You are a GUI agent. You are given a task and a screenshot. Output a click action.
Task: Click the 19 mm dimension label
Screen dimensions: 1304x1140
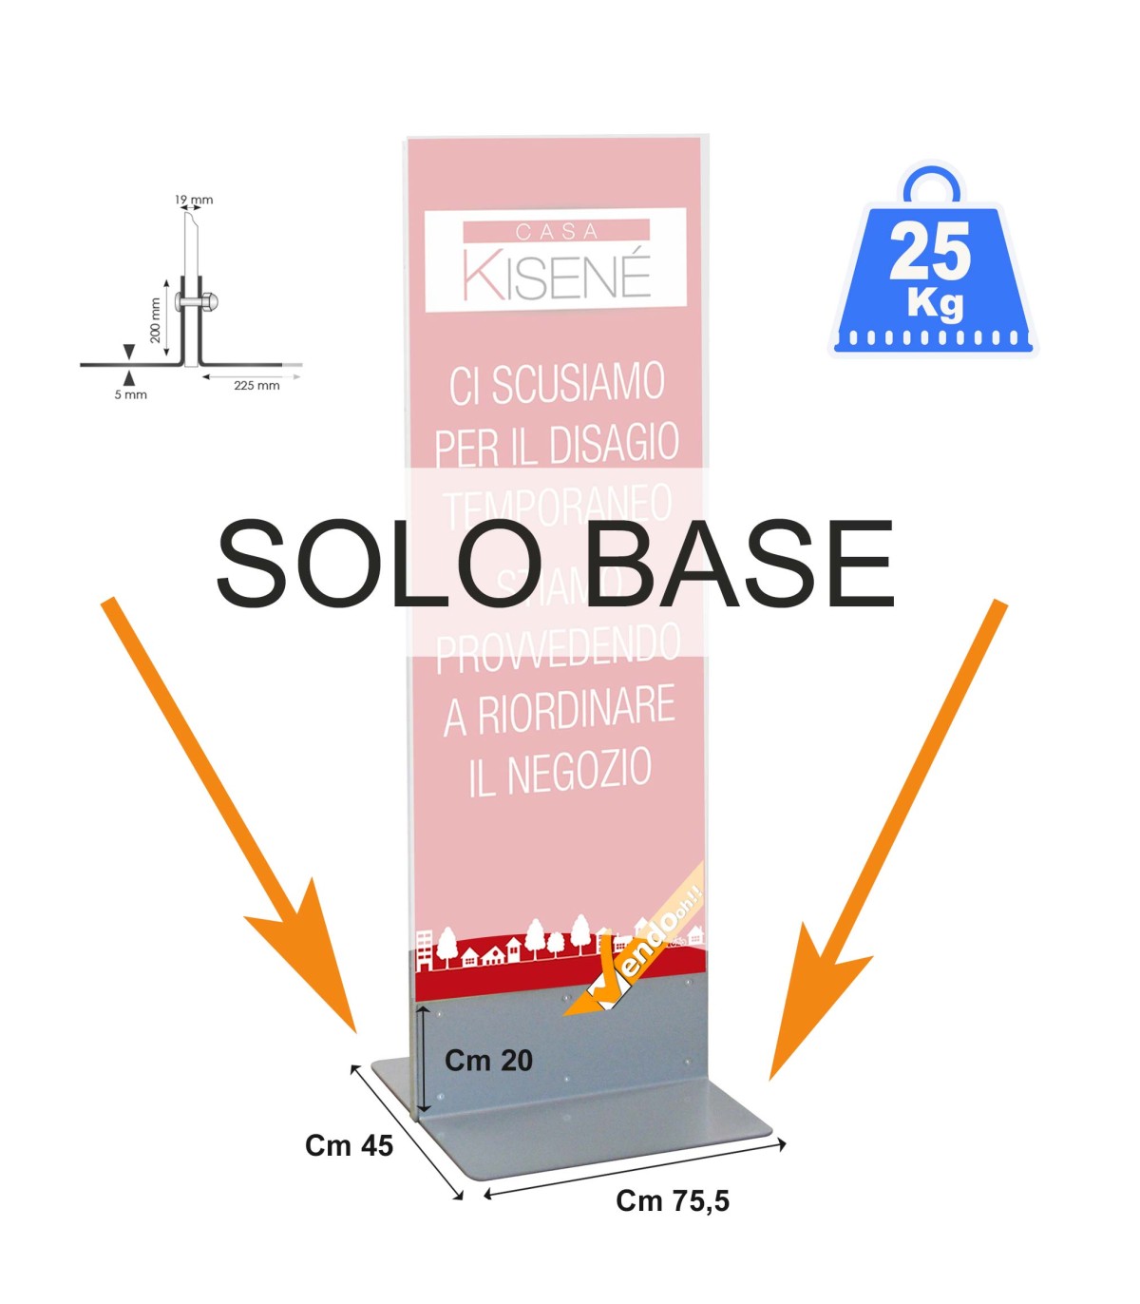pyautogui.click(x=194, y=200)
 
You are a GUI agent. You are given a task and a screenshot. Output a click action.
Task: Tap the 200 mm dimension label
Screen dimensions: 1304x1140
pyautogui.click(x=155, y=320)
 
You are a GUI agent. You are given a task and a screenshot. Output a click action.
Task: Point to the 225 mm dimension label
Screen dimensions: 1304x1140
pyautogui.click(x=256, y=385)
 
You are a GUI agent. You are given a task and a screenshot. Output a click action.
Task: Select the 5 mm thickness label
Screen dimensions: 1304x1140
pyautogui.click(x=131, y=394)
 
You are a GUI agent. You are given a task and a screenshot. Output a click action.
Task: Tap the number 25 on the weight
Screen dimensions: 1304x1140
pyautogui.click(x=930, y=252)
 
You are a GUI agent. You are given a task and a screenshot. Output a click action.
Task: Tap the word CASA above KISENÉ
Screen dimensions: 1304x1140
pyautogui.click(x=557, y=231)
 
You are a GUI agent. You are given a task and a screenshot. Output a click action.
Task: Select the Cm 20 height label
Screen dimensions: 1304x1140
pyautogui.click(x=488, y=1061)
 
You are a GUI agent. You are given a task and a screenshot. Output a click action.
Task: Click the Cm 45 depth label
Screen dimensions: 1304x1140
pyautogui.click(x=349, y=1145)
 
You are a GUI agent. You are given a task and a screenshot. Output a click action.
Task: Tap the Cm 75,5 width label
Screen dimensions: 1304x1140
pyautogui.click(x=673, y=1201)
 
